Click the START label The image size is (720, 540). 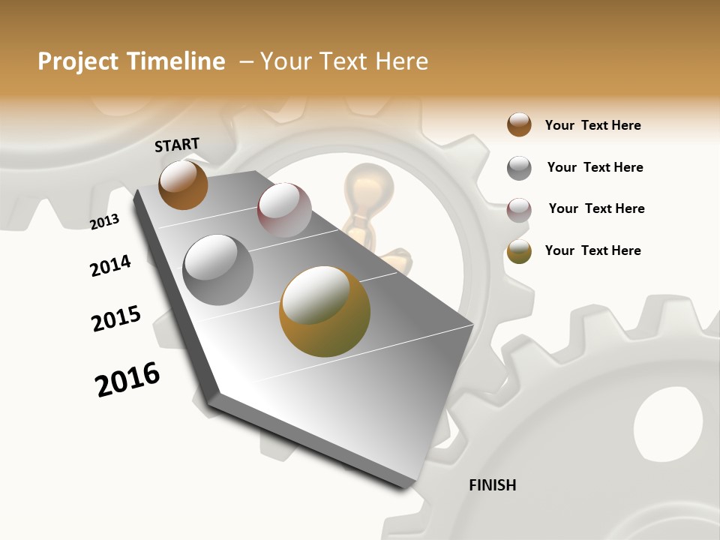pos(177,145)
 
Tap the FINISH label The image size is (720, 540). pos(492,485)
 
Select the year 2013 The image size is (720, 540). pos(104,222)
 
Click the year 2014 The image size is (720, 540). pos(110,265)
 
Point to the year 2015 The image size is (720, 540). pos(116,319)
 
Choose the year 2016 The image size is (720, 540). pos(127,379)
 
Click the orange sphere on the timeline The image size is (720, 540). pos(183,184)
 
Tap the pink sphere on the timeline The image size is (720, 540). pos(284,211)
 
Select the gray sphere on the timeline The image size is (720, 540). pos(218,270)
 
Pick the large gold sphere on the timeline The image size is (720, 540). pos(325,311)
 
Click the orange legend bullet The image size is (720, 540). pos(519,124)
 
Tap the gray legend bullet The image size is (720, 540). pos(519,167)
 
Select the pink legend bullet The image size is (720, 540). pos(519,209)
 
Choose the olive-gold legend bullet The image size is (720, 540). pos(519,250)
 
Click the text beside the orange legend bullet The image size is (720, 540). pos(592,125)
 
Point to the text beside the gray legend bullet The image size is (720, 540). pos(595,167)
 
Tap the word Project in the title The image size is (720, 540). pos(79,61)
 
